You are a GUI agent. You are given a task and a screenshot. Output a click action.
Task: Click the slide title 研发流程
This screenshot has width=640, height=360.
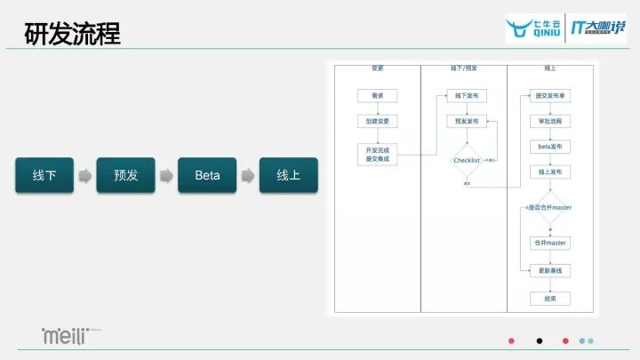tap(73, 36)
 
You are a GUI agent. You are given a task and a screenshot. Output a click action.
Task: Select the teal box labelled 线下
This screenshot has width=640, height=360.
tap(44, 176)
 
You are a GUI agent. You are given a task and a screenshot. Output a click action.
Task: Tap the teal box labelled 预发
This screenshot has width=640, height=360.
tap(125, 176)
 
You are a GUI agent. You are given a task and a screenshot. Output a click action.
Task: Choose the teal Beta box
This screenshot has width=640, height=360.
tap(206, 176)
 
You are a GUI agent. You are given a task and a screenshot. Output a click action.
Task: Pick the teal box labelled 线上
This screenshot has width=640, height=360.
tap(288, 176)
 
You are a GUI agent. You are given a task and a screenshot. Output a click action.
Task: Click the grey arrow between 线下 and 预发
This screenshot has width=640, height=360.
tap(84, 176)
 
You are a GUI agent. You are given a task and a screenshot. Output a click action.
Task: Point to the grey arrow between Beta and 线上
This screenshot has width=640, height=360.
tap(247, 176)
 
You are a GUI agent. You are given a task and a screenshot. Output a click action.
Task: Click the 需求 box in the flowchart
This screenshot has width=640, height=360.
tap(378, 96)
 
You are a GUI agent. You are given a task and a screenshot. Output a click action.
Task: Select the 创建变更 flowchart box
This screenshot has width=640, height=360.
tap(378, 121)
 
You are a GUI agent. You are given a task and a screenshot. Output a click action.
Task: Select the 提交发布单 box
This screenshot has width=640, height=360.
tap(550, 96)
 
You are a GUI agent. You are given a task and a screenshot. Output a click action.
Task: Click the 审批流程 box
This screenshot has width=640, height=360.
tap(550, 121)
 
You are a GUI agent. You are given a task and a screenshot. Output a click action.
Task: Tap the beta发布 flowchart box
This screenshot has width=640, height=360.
tap(550, 146)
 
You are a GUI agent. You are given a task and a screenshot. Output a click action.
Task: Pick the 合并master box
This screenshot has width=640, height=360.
tap(550, 243)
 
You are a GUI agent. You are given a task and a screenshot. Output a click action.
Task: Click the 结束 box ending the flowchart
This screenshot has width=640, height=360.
tap(550, 298)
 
